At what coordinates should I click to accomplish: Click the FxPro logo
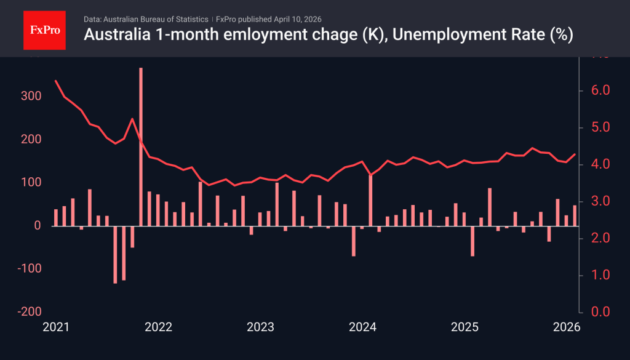click(x=44, y=29)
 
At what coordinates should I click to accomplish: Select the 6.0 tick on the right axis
click(x=597, y=90)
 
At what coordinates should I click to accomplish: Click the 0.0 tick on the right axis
click(x=597, y=312)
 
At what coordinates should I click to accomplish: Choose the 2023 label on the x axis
click(x=260, y=327)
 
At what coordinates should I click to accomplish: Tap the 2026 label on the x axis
click(x=567, y=327)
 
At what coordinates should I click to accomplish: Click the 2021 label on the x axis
click(x=55, y=327)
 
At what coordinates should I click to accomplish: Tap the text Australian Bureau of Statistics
click(x=156, y=19)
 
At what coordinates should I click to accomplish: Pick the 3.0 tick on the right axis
click(x=597, y=201)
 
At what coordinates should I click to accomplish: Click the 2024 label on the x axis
click(x=362, y=327)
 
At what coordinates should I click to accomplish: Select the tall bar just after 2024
click(x=370, y=200)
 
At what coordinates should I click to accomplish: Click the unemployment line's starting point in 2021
click(x=56, y=81)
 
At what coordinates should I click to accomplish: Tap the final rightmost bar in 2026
click(x=575, y=215)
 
